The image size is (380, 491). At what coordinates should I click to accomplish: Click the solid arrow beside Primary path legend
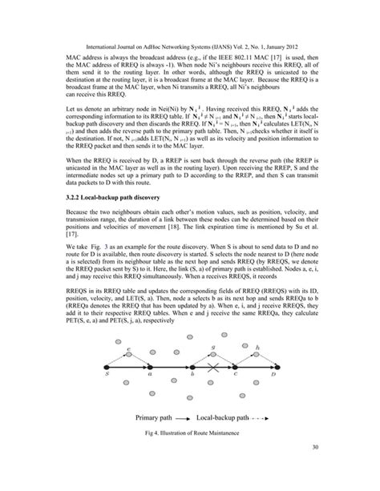(185, 440)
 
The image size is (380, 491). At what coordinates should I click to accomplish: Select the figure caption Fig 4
(189, 456)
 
